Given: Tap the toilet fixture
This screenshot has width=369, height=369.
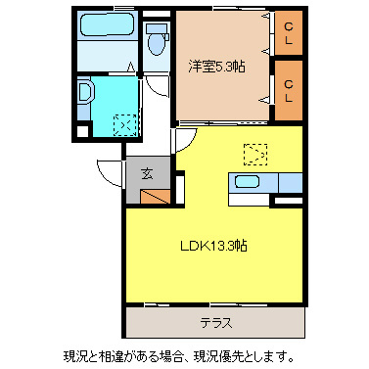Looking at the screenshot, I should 157,43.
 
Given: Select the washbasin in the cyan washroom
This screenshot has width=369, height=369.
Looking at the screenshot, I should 84,96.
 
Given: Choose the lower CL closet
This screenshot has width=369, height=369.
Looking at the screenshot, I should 289,90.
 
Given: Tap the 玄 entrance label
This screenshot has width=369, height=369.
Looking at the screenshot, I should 146,174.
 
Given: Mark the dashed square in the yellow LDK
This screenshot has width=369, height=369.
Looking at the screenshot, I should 254,153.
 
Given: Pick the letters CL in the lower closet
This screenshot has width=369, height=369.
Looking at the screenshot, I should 289,90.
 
